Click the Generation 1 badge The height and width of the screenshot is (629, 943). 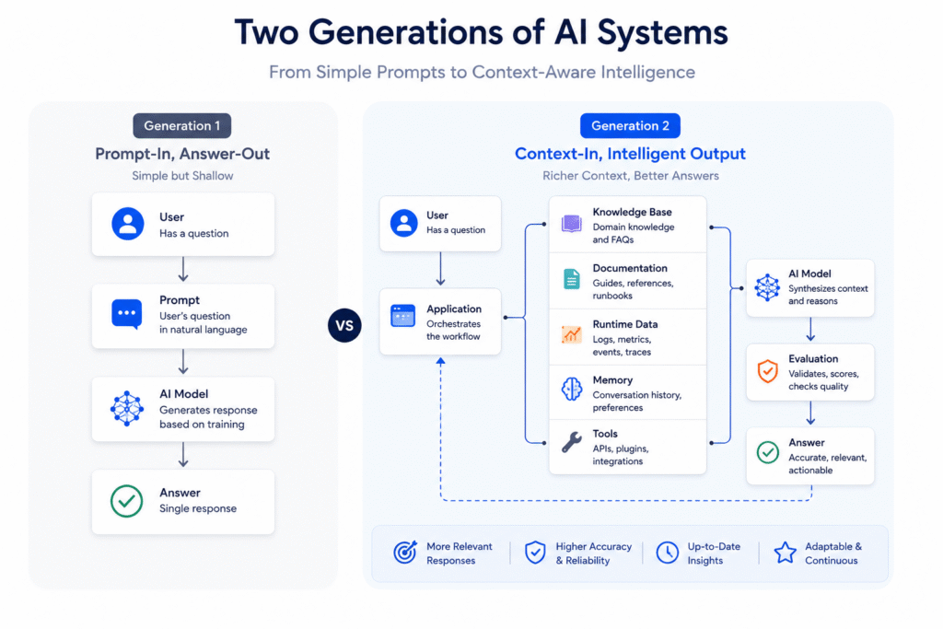click(x=181, y=125)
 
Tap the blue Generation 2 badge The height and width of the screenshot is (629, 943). click(x=630, y=125)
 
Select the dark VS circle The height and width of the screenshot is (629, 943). click(x=344, y=325)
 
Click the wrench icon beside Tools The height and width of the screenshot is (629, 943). click(x=571, y=442)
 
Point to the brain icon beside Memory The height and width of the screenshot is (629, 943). click(x=571, y=389)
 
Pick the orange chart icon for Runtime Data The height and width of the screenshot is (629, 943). click(x=571, y=334)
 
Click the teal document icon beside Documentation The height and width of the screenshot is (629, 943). click(x=571, y=279)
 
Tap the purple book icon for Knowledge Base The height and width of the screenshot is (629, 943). click(x=571, y=224)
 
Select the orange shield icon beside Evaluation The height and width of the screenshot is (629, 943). click(x=767, y=371)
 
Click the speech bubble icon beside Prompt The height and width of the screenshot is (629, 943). click(x=127, y=314)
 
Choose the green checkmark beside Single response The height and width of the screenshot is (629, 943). click(x=127, y=501)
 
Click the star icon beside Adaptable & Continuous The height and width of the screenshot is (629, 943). click(x=785, y=553)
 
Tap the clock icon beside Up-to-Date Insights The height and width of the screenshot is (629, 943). click(x=667, y=553)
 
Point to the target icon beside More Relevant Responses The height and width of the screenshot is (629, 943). click(x=405, y=552)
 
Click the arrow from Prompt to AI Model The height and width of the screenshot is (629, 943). click(x=183, y=361)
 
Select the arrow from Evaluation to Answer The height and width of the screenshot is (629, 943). click(x=810, y=414)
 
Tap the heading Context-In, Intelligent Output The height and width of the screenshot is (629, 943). click(x=630, y=154)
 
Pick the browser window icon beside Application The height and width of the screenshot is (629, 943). click(x=403, y=316)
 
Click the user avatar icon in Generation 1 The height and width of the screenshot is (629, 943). click(x=127, y=224)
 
